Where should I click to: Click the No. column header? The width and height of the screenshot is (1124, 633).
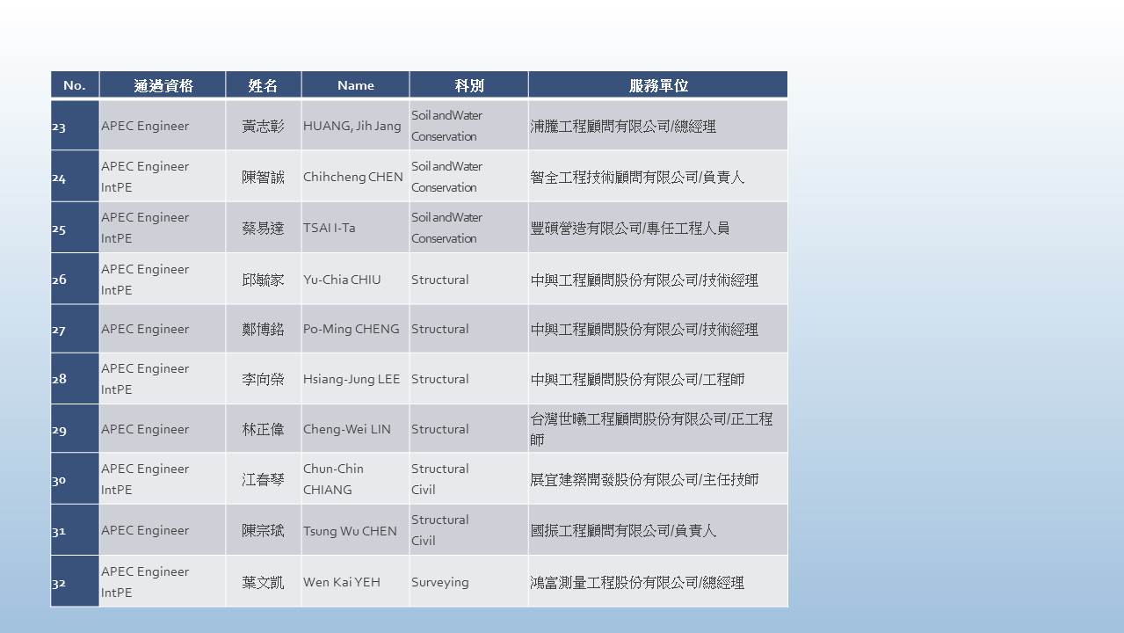click(x=75, y=85)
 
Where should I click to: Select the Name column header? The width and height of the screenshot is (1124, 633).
click(x=355, y=85)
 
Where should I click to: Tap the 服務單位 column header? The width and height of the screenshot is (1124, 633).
click(x=658, y=85)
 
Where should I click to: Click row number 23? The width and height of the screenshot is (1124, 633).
click(x=59, y=127)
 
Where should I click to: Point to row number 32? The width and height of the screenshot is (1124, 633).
click(x=59, y=583)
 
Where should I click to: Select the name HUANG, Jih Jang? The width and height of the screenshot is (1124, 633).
click(x=352, y=126)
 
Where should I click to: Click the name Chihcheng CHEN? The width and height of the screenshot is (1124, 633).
click(x=352, y=178)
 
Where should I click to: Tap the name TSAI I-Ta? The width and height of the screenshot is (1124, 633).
click(x=330, y=228)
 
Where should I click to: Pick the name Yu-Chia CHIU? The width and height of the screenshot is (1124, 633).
click(x=342, y=280)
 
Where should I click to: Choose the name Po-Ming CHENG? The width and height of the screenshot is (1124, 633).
click(x=352, y=329)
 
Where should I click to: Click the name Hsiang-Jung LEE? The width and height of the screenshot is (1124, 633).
click(x=352, y=379)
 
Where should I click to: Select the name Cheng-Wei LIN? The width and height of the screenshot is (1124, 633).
click(x=347, y=429)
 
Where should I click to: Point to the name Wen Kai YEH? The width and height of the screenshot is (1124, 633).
click(x=342, y=582)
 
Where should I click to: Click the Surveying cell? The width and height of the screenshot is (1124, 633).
click(x=439, y=582)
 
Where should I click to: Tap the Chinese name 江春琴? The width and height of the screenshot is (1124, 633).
click(x=263, y=479)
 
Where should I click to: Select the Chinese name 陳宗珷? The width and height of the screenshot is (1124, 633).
click(x=263, y=531)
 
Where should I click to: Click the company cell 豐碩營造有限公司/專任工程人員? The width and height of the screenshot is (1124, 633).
click(x=629, y=228)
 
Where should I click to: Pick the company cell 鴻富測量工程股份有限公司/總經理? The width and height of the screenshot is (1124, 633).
click(x=637, y=582)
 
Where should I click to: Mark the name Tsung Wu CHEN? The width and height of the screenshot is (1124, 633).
click(x=350, y=531)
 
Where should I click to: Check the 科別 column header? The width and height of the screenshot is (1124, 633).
click(x=469, y=85)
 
